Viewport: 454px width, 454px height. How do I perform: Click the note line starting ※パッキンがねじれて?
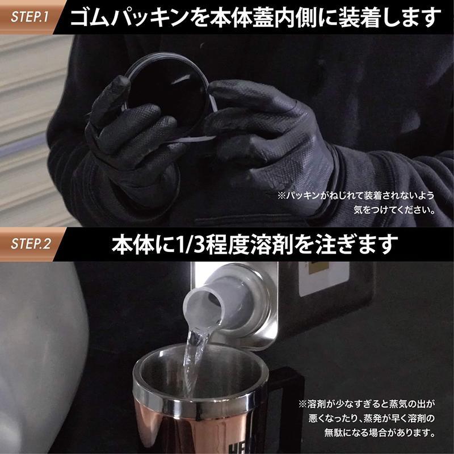coord(356,196)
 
